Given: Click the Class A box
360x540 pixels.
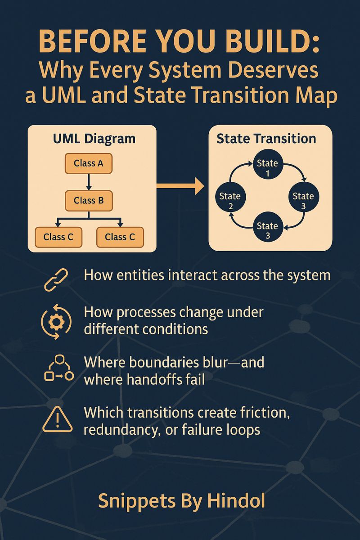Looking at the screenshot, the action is click(89, 163).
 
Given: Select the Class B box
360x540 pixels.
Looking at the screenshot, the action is click(89, 201).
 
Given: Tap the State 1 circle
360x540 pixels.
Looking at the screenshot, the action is click(268, 165).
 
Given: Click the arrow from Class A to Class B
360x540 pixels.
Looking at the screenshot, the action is click(89, 182).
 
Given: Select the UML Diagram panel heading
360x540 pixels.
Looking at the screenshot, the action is click(94, 139).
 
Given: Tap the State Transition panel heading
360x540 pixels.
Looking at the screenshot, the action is click(266, 139).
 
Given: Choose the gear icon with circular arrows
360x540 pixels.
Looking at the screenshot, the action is click(56, 322).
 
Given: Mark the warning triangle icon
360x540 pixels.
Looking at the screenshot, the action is click(57, 419).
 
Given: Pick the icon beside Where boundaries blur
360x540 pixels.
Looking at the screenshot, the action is click(59, 368).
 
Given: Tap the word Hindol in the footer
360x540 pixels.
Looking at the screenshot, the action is click(236, 500).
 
